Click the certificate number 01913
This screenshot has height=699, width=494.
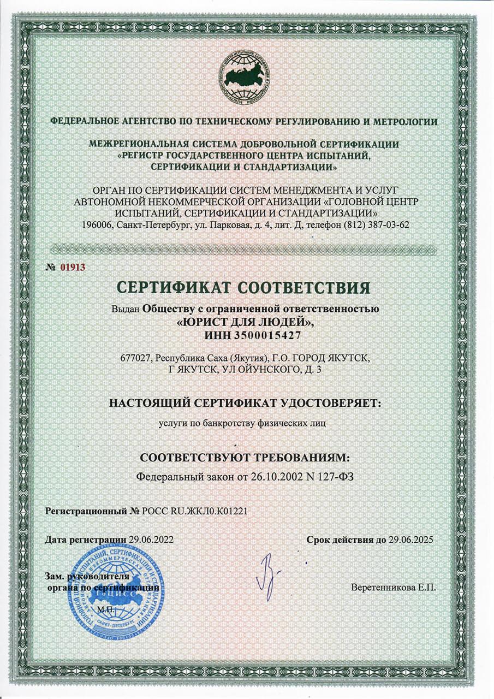click(73, 267)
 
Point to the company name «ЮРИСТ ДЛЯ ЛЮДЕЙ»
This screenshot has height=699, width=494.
click(246, 322)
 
